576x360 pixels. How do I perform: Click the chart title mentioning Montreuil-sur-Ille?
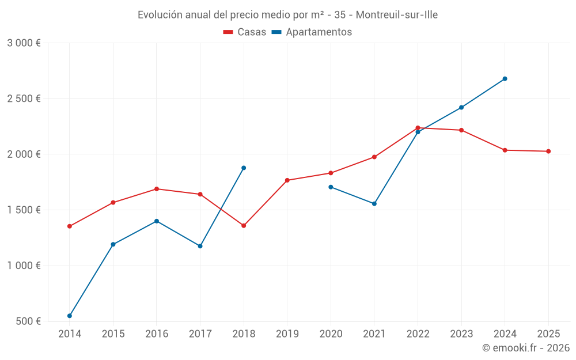[x=287, y=15]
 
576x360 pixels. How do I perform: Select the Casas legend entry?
[x=245, y=32]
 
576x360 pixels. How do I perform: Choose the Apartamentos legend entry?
[x=312, y=32]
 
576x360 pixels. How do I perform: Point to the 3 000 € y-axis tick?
[x=24, y=43]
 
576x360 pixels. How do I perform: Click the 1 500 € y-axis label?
[x=24, y=210]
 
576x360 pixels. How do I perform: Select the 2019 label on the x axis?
[x=287, y=334]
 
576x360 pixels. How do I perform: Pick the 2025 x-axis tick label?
[x=548, y=334]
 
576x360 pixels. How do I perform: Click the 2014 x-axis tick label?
[x=70, y=334]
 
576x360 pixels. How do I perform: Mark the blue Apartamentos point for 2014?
[x=70, y=316]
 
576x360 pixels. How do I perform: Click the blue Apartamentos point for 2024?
[x=505, y=79]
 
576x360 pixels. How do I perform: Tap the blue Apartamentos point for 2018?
[x=244, y=168]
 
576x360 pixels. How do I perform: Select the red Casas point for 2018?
[x=244, y=226]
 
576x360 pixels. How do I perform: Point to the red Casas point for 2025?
[x=548, y=151]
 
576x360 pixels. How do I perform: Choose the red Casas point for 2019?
[x=287, y=180]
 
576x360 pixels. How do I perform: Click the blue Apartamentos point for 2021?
[x=374, y=204]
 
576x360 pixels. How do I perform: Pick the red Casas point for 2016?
[x=157, y=189]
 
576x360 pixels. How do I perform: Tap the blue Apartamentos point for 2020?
[x=331, y=187]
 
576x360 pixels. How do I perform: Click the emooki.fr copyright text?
[x=526, y=348]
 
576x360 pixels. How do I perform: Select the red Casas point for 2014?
[x=70, y=226]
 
